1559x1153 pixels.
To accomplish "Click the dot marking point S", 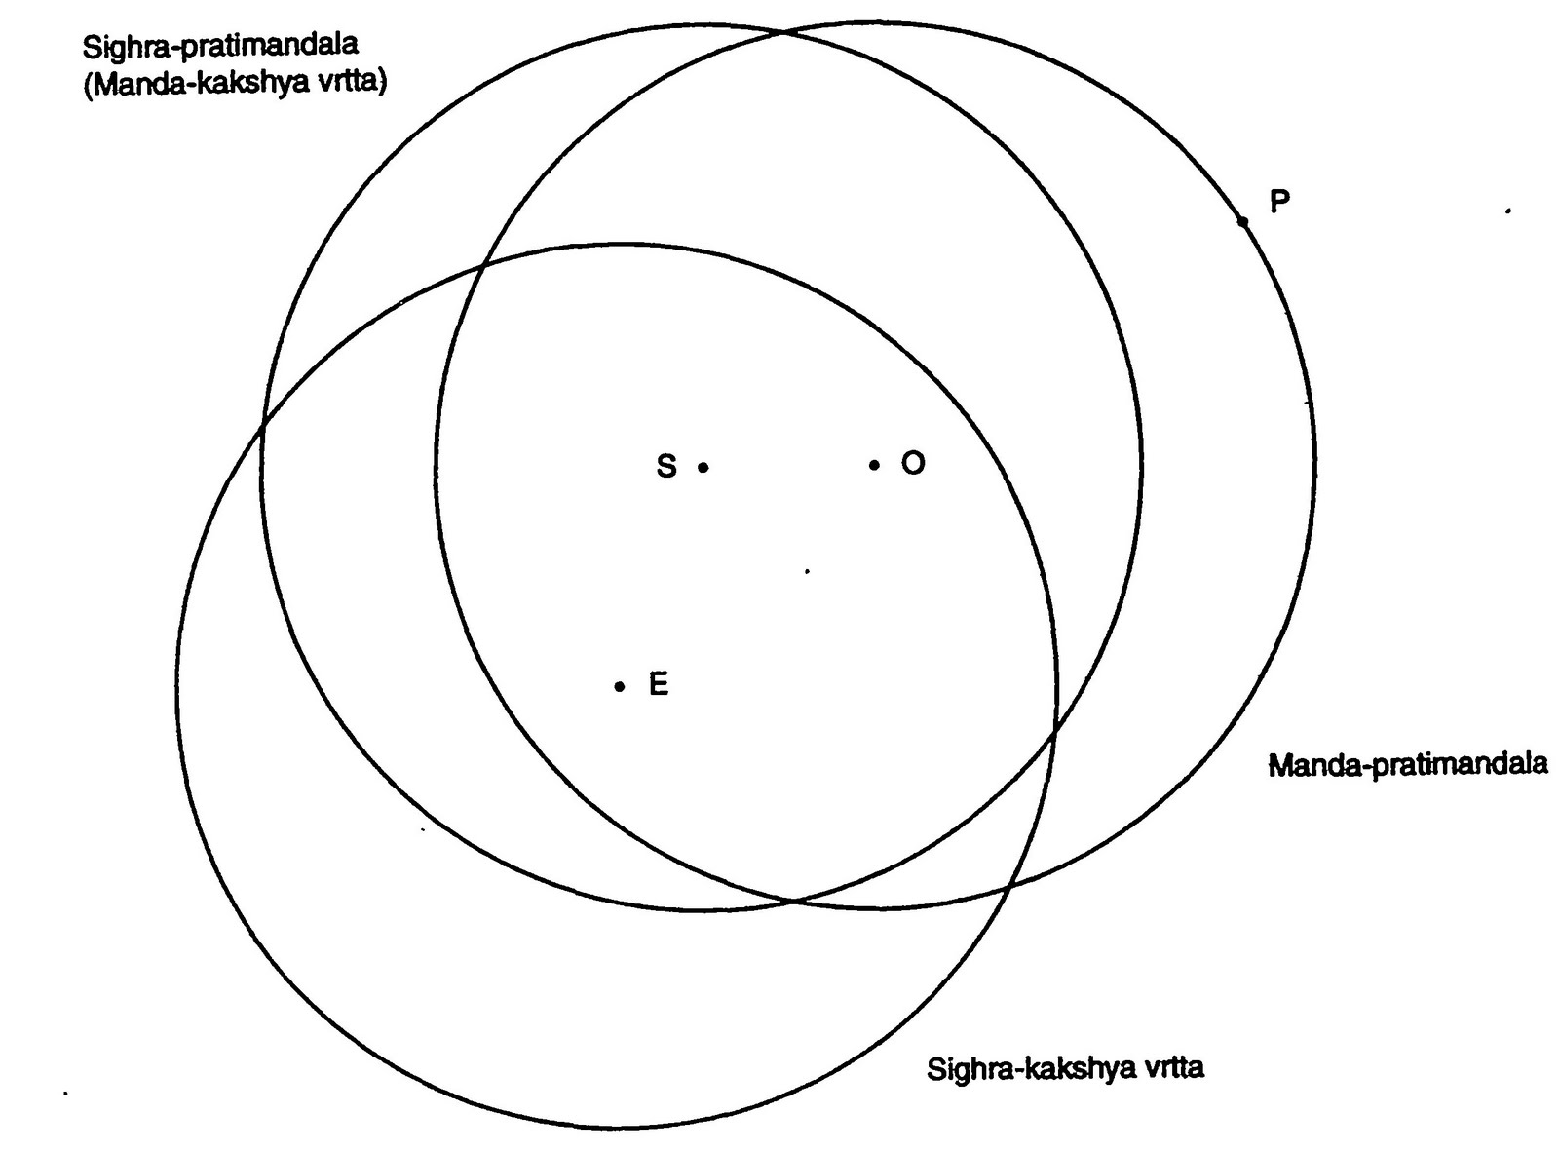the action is tap(703, 468).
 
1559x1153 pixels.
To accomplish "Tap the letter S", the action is tap(666, 467).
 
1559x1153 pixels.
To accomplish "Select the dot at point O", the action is tap(874, 465).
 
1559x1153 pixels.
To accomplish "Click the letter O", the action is tap(912, 463).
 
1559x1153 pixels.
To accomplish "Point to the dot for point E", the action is tap(619, 686).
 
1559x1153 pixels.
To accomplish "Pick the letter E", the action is tap(659, 685).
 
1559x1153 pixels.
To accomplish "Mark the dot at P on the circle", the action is tap(1242, 222).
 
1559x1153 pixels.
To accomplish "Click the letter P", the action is tap(1279, 202).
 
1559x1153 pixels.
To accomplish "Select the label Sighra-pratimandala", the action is tap(220, 45).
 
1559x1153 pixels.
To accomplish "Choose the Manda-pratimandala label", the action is tap(1407, 764).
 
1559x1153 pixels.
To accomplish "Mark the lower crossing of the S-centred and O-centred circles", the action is tap(794, 900).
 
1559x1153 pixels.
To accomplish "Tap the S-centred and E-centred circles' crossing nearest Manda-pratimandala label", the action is tap(1055, 727).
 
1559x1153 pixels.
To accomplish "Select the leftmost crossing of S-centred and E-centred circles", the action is tap(262, 426).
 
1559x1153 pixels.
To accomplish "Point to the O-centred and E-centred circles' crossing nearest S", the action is tap(484, 263).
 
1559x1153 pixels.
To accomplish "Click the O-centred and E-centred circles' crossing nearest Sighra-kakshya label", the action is tap(1010, 886).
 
